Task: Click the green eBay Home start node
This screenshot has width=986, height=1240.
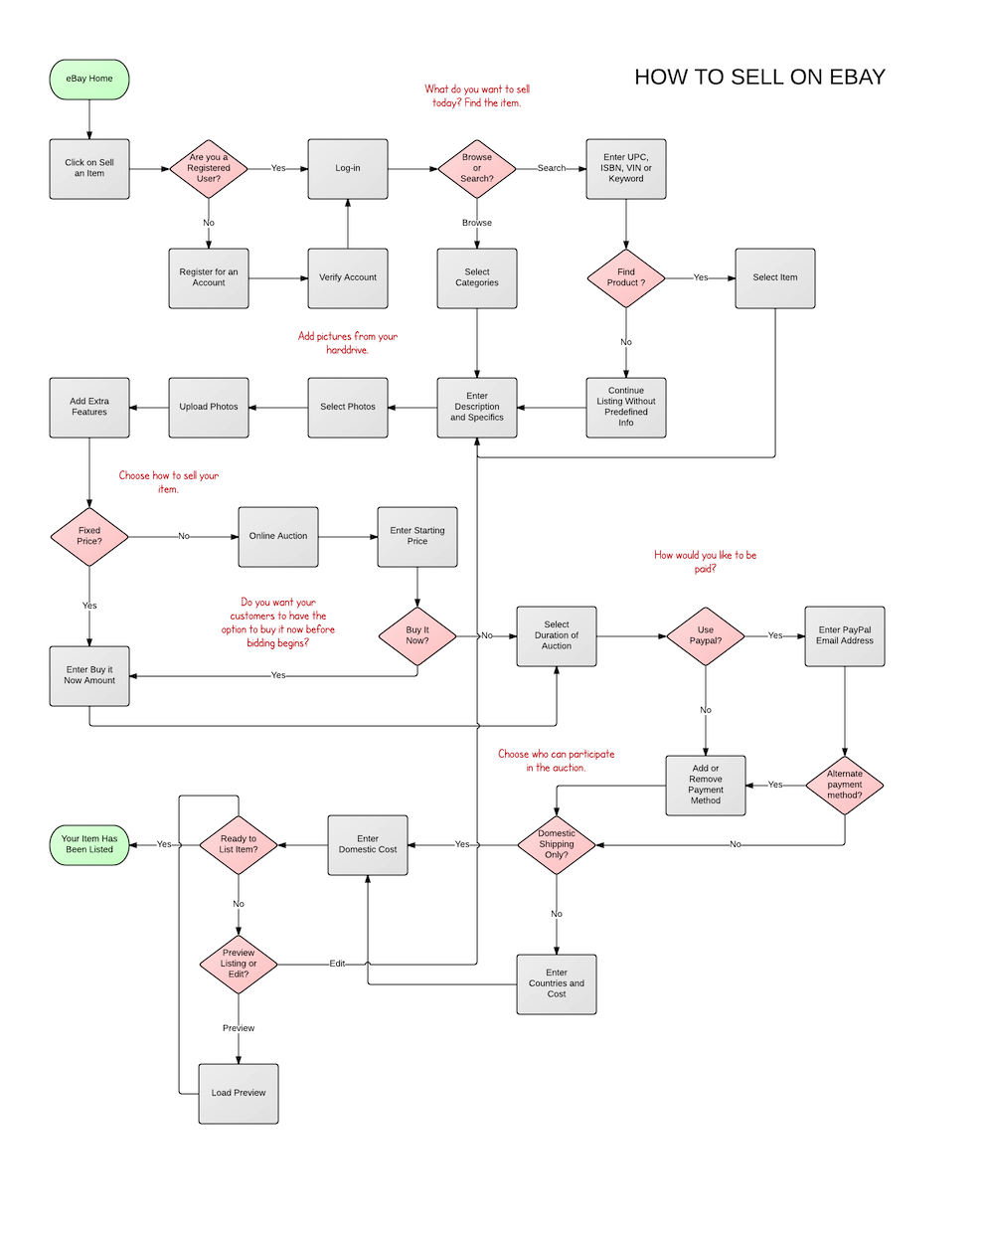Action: coord(89,79)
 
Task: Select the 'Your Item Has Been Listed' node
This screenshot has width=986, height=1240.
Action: coord(89,844)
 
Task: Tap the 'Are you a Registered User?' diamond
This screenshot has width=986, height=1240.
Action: coord(209,168)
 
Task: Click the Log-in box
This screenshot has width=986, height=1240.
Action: coord(348,168)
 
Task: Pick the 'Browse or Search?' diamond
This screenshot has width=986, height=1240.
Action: coord(477,168)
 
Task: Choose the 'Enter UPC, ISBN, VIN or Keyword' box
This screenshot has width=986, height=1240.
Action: coord(626,168)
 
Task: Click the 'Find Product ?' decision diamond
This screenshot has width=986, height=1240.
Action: coord(626,277)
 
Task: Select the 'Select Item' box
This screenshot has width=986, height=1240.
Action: coord(775,277)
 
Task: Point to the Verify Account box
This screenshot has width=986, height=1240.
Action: coord(348,277)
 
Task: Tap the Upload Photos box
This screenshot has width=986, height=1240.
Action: coord(209,407)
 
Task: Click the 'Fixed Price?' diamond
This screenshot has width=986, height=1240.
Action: coord(89,536)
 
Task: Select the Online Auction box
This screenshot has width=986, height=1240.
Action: coord(278,536)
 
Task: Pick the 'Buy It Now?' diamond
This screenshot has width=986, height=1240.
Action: coord(417,635)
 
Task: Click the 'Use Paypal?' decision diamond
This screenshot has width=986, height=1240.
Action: coord(706,635)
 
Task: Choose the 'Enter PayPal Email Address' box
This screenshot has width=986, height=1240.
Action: coord(845,635)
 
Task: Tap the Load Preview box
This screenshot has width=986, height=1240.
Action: coord(239,1093)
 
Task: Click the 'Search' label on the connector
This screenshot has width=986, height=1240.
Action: coord(552,168)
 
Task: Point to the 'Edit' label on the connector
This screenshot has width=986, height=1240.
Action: coord(338,964)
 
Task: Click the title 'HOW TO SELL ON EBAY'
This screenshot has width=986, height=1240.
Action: coord(759,78)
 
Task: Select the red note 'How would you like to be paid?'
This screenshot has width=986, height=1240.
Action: coord(705,562)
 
